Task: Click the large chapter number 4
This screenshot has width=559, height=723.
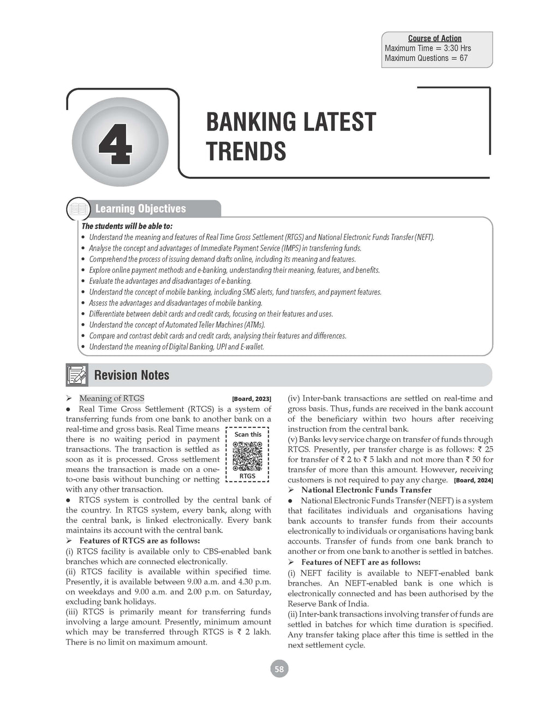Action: (x=115, y=144)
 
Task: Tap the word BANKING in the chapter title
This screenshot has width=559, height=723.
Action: (x=247, y=122)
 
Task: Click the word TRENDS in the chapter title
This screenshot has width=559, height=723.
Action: (x=246, y=151)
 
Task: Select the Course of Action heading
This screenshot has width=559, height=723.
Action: (x=435, y=38)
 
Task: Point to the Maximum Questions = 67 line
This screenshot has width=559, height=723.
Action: (x=426, y=58)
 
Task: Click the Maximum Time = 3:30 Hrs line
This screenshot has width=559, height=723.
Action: (x=427, y=48)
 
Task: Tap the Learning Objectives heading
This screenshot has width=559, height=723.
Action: (x=140, y=208)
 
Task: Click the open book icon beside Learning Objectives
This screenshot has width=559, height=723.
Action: (x=78, y=210)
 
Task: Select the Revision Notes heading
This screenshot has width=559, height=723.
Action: (x=132, y=375)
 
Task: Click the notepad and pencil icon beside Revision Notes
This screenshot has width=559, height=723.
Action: (x=77, y=375)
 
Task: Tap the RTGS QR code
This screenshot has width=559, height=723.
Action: (x=247, y=456)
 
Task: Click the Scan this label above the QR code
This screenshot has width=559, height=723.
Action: (x=248, y=434)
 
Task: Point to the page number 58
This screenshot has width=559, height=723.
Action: (x=279, y=669)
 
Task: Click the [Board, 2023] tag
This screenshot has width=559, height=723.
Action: (x=252, y=399)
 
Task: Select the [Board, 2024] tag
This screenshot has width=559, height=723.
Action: (x=473, y=480)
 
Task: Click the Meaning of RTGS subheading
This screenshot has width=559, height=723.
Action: (x=112, y=398)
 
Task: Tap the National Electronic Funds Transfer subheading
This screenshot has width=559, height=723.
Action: (x=366, y=490)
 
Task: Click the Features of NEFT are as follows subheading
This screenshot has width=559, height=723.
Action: (x=360, y=562)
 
